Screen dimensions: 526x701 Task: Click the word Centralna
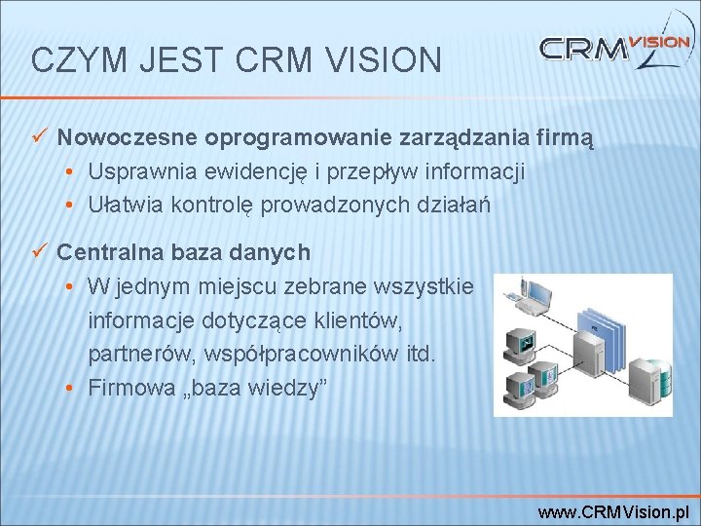pos(105,252)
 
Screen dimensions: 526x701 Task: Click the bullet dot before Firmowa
pos(73,388)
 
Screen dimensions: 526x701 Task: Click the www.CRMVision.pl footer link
pos(614,511)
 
